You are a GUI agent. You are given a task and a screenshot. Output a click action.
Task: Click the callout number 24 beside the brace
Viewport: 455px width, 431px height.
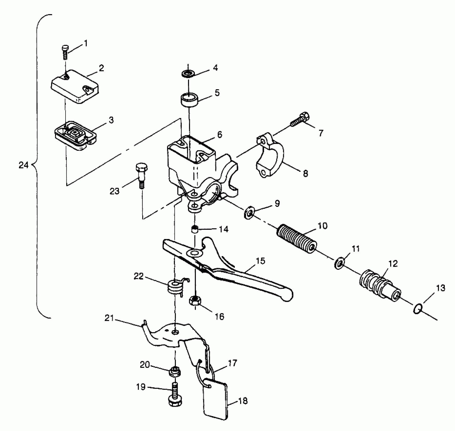[24, 165]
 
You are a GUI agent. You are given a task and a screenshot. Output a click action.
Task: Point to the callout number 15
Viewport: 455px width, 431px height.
[260, 261]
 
